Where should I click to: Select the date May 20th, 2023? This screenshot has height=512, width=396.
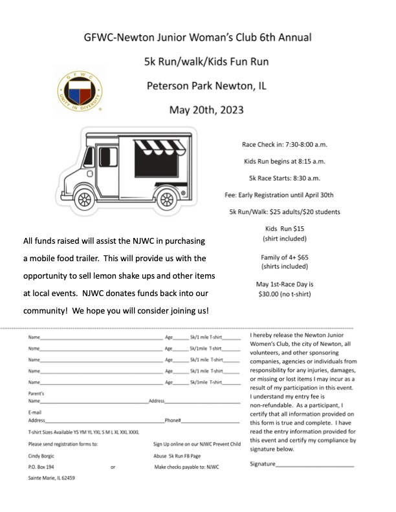(x=206, y=109)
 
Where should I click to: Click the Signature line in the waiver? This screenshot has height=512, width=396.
(x=302, y=464)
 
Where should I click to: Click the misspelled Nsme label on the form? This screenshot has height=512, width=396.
(x=34, y=348)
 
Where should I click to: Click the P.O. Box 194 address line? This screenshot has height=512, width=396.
(x=41, y=466)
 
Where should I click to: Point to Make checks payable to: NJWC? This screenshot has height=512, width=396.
(x=186, y=466)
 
